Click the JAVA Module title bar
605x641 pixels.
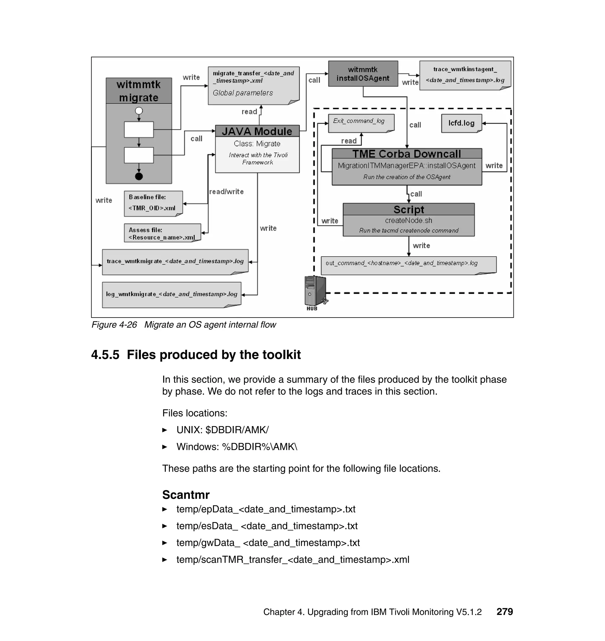[257, 131]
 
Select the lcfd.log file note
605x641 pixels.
[461, 123]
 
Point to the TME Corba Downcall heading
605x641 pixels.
[406, 154]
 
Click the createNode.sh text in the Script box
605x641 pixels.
[408, 221]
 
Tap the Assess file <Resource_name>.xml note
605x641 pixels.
[162, 233]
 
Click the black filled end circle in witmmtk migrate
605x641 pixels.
[139, 176]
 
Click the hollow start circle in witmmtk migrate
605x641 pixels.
[139, 111]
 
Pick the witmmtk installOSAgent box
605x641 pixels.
[363, 74]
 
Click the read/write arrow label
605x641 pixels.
[226, 192]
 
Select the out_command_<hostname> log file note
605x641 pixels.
[408, 265]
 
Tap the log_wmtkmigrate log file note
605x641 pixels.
[172, 294]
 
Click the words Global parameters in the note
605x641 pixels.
[243, 93]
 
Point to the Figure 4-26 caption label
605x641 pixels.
[114, 325]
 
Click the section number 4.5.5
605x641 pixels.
[105, 355]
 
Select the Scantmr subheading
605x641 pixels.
[186, 494]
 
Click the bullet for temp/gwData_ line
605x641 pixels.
[165, 543]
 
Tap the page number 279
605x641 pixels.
[504, 611]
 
